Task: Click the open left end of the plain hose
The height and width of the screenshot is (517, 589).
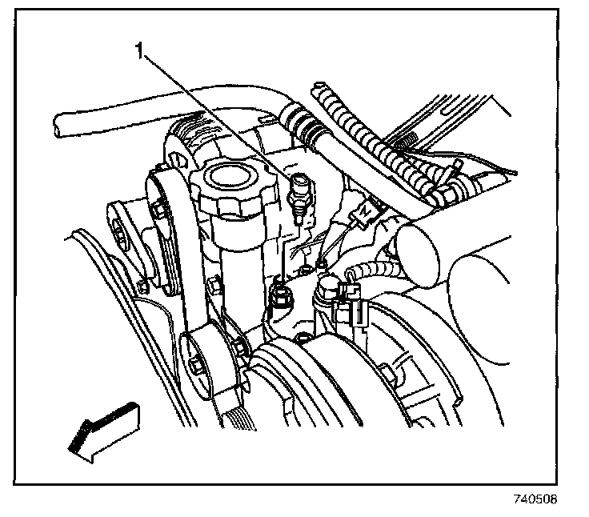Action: click(58, 123)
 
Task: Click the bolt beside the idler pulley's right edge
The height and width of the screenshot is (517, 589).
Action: click(238, 347)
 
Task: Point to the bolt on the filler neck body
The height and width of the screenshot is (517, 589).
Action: click(214, 285)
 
